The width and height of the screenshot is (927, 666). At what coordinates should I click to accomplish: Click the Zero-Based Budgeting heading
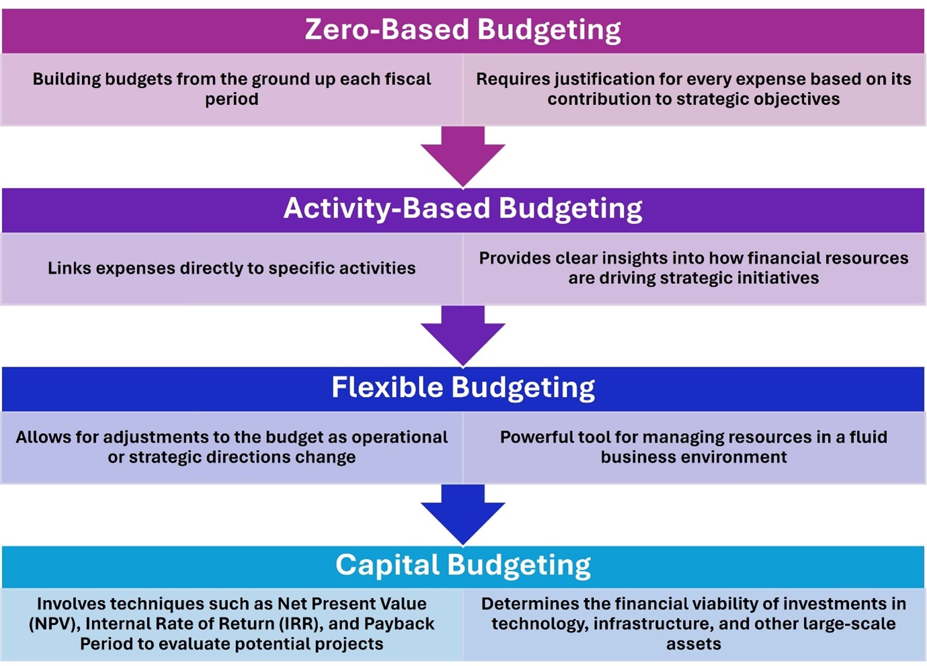pyautogui.click(x=462, y=30)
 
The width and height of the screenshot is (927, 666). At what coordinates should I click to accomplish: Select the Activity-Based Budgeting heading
pyautogui.click(x=462, y=209)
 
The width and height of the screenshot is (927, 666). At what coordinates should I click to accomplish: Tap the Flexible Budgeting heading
pyautogui.click(x=462, y=387)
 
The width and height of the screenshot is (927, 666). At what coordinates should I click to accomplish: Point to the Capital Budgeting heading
pyautogui.click(x=462, y=565)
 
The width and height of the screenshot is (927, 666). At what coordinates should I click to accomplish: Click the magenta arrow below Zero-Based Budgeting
pyautogui.click(x=462, y=155)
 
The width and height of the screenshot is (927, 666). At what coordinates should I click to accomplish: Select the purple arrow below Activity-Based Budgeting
pyautogui.click(x=462, y=334)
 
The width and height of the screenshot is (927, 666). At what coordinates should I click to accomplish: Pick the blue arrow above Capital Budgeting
pyautogui.click(x=462, y=513)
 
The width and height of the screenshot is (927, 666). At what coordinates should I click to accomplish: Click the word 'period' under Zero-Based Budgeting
pyautogui.click(x=232, y=100)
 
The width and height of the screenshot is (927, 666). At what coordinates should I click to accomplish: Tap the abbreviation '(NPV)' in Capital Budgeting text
pyautogui.click(x=54, y=624)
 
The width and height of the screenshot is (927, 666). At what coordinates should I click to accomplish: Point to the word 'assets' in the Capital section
pyautogui.click(x=694, y=644)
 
